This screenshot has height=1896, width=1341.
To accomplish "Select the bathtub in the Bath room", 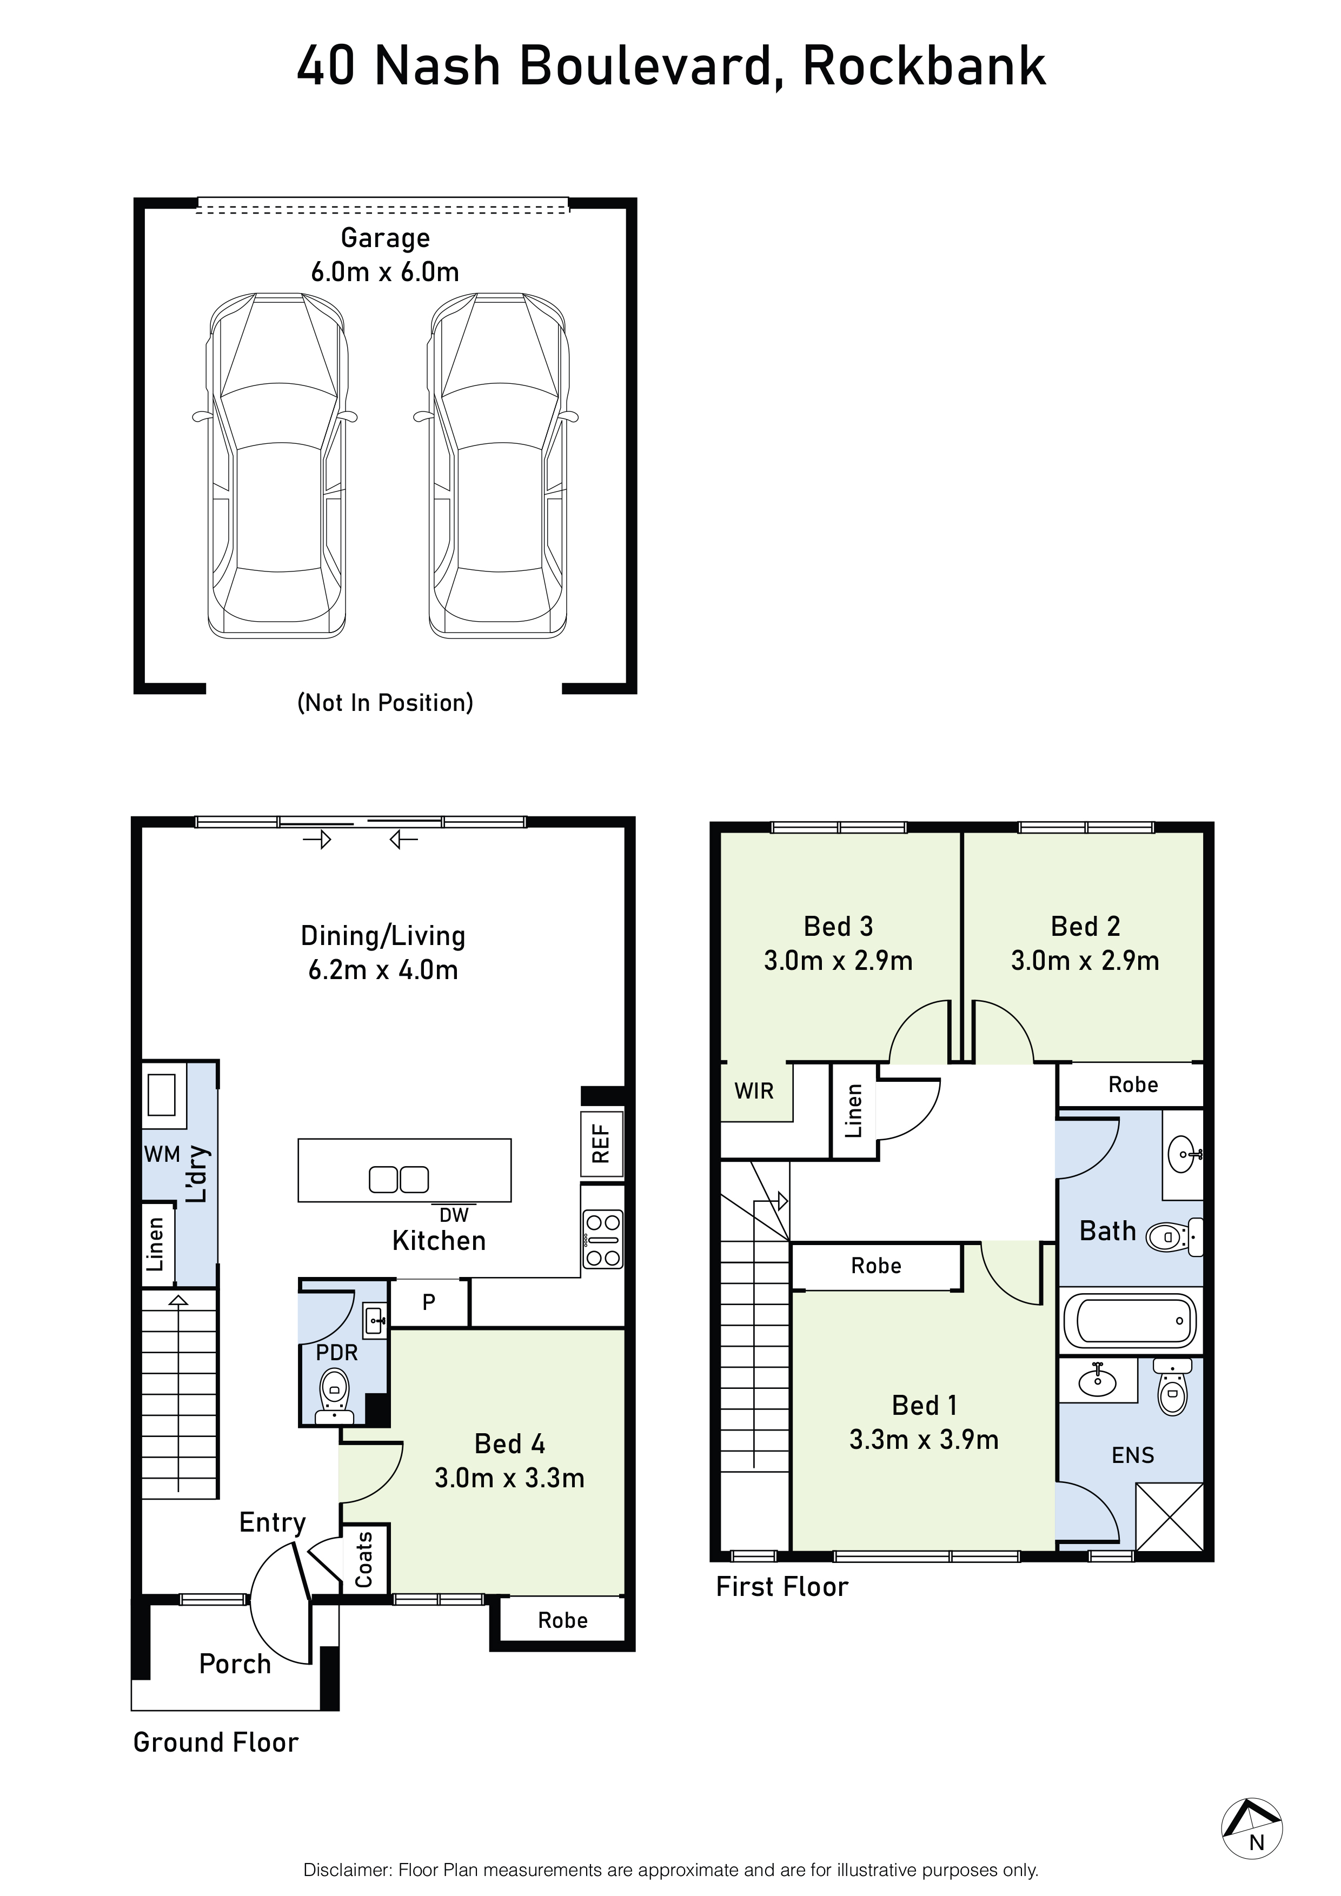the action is tap(1130, 1320).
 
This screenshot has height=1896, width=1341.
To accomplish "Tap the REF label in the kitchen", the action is tap(601, 1144).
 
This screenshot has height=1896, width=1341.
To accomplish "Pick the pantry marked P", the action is tap(429, 1302).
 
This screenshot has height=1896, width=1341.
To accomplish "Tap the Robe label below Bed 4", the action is tap(562, 1620).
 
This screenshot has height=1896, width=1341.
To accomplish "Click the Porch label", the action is tap(235, 1664).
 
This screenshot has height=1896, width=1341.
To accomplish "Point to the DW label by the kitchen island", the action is tap(454, 1215).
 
